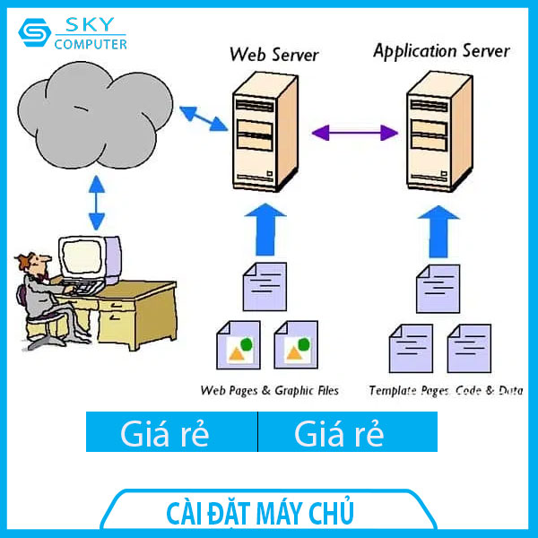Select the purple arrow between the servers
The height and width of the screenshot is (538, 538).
click(x=354, y=133)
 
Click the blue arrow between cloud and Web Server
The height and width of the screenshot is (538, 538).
click(x=202, y=117)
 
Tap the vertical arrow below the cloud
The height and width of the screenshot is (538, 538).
click(x=96, y=204)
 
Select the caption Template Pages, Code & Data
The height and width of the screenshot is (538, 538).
click(x=446, y=391)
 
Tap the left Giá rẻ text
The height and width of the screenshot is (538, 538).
click(x=165, y=434)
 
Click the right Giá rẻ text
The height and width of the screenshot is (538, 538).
click(x=339, y=434)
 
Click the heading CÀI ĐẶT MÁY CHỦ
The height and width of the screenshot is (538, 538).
click(x=261, y=514)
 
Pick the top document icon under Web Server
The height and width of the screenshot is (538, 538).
click(x=266, y=287)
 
